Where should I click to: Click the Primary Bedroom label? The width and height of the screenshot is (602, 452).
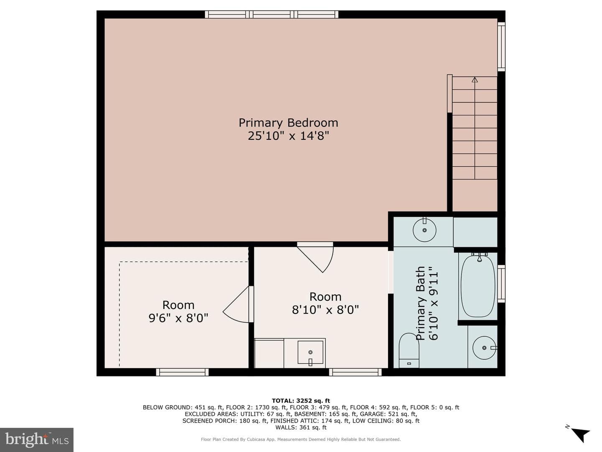(x=288, y=123)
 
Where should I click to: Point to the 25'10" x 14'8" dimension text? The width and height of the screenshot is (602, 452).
(x=288, y=136)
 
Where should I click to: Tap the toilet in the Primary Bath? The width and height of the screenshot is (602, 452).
(x=408, y=350)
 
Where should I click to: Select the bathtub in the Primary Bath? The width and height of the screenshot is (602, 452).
(x=478, y=286)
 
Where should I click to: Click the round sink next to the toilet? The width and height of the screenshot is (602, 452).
(x=484, y=348)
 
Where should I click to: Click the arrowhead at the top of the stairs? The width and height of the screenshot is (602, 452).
(x=475, y=80)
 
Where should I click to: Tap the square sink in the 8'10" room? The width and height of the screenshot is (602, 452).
(x=310, y=352)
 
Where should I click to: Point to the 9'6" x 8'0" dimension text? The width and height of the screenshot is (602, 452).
(x=178, y=318)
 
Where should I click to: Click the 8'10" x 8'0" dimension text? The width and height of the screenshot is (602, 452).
(x=325, y=310)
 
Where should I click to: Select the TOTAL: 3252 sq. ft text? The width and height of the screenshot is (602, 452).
(x=301, y=401)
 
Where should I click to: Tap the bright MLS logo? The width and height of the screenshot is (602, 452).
(x=37, y=439)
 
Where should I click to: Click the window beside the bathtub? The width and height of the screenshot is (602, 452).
(x=501, y=284)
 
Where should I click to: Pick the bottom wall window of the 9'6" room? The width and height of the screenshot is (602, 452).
(x=182, y=372)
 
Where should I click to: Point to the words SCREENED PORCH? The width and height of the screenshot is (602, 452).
(x=210, y=421)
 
